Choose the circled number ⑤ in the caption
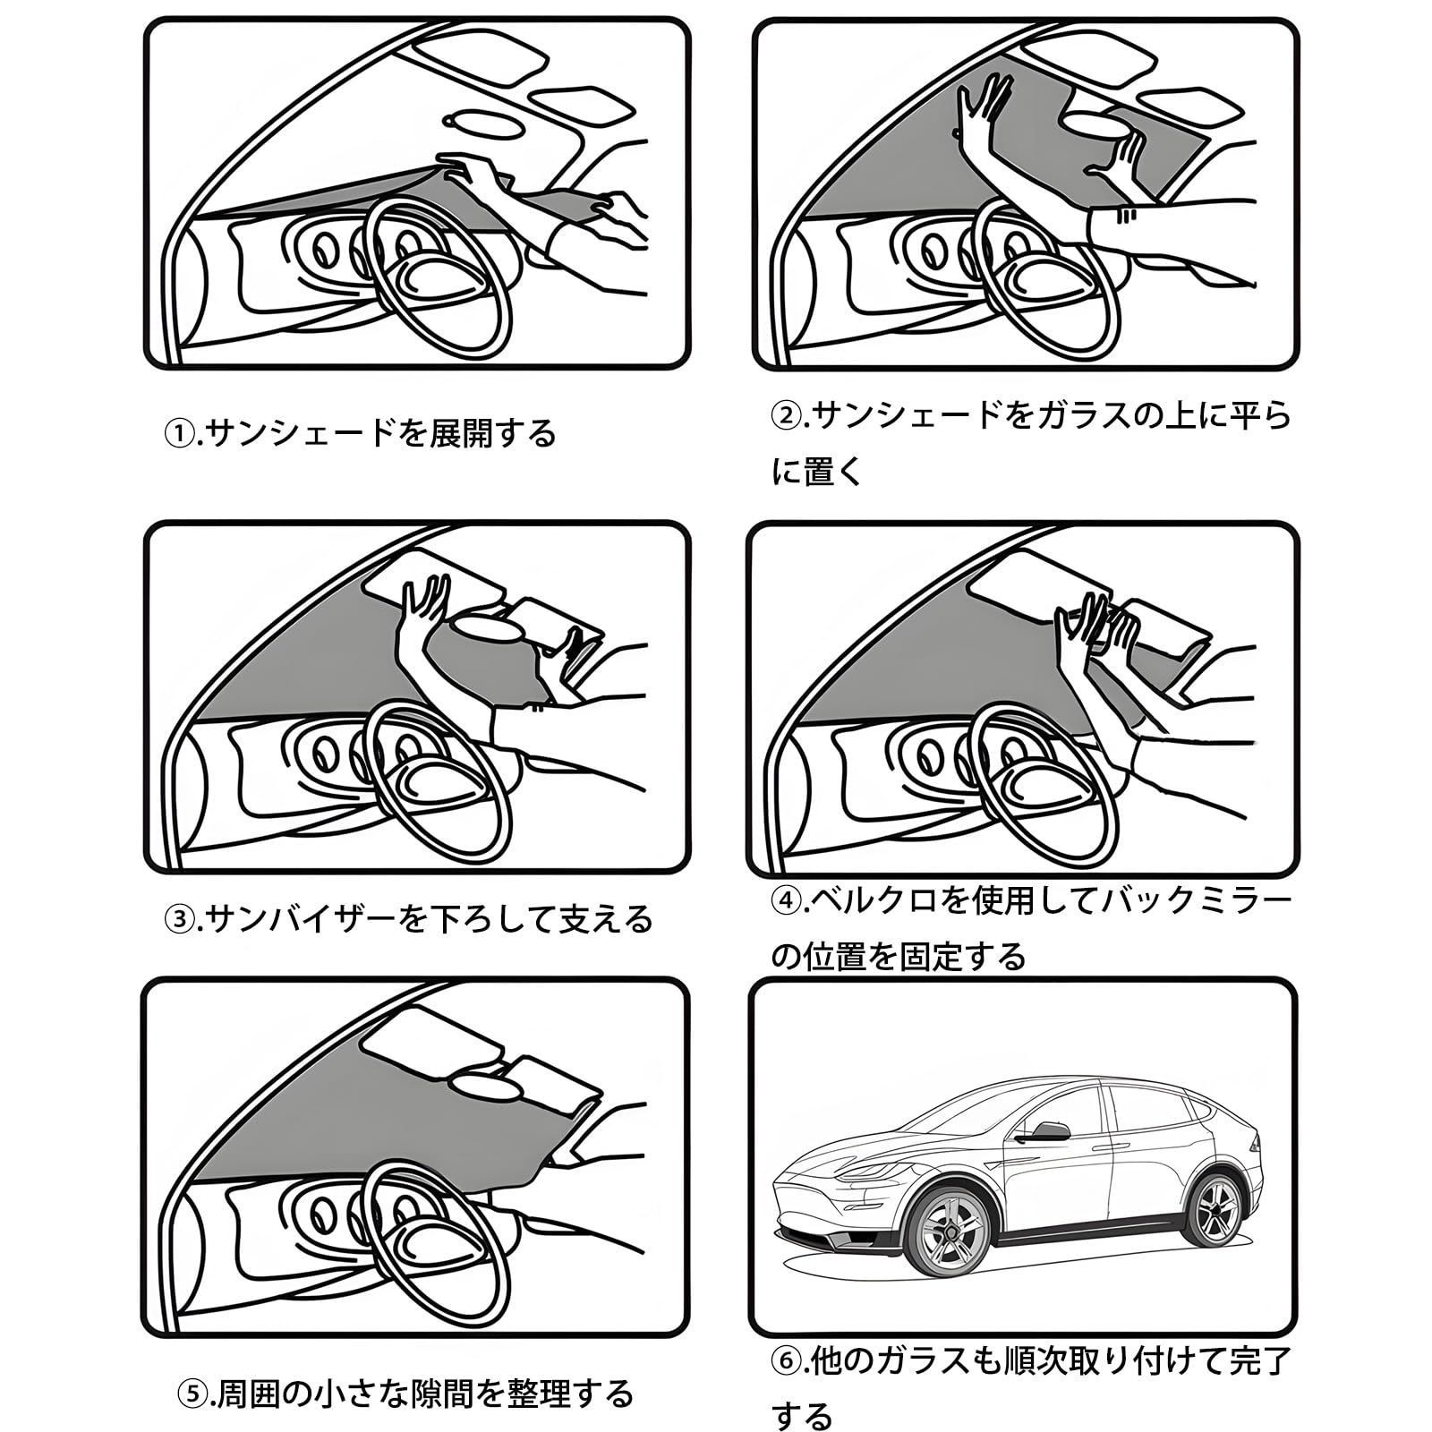(x=192, y=1394)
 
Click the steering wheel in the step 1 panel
(x=439, y=268)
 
